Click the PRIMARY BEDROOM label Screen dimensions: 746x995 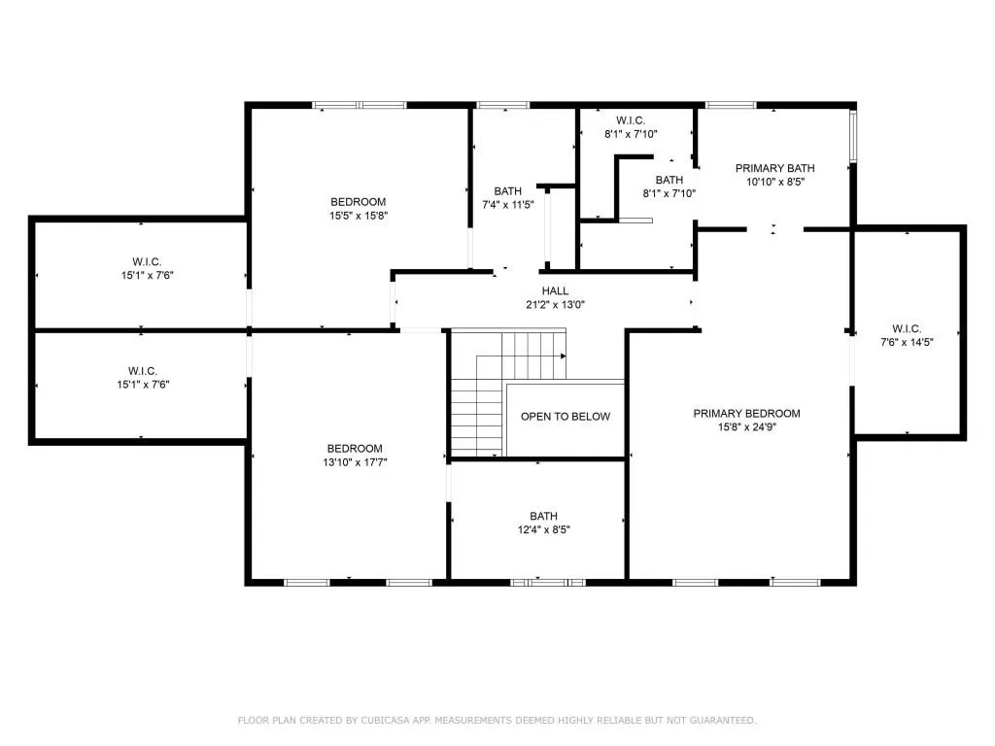(746, 413)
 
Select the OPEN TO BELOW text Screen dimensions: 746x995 (566, 417)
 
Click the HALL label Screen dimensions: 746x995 (555, 290)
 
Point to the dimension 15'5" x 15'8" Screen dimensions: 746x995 (358, 216)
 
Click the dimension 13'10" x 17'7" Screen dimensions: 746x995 (354, 461)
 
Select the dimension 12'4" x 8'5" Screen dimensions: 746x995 (543, 529)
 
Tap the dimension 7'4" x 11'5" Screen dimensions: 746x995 (508, 205)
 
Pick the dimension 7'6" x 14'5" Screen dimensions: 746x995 (906, 342)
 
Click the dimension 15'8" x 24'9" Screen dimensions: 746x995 (746, 426)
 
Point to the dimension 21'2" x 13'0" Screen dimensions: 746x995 (555, 304)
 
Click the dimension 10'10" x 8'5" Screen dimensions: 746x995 (775, 181)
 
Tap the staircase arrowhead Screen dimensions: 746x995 (564, 356)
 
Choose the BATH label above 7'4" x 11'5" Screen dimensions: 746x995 (507, 191)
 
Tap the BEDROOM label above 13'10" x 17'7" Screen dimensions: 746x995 (354, 448)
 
